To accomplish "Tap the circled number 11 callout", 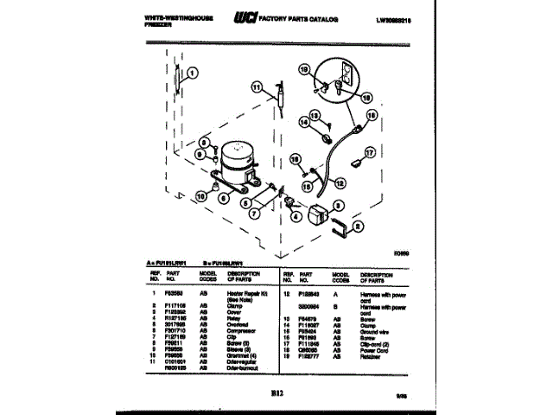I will [x=255, y=86].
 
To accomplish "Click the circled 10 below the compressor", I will [x=200, y=196].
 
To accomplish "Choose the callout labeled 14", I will [x=303, y=122].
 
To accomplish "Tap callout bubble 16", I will [x=372, y=113].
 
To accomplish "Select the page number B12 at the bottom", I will [x=276, y=373].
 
